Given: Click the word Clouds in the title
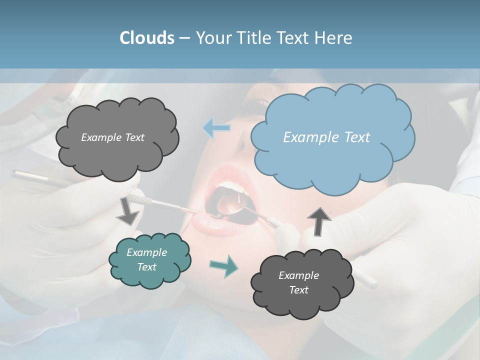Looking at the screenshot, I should coord(146,38).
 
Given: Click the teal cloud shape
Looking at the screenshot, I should coord(149,260).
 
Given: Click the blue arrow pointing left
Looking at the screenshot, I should coord(217,128).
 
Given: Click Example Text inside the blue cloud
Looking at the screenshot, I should coord(326,137).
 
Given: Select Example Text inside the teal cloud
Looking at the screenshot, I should coord(146,259).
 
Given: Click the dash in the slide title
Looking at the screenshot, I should coord(184,38).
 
